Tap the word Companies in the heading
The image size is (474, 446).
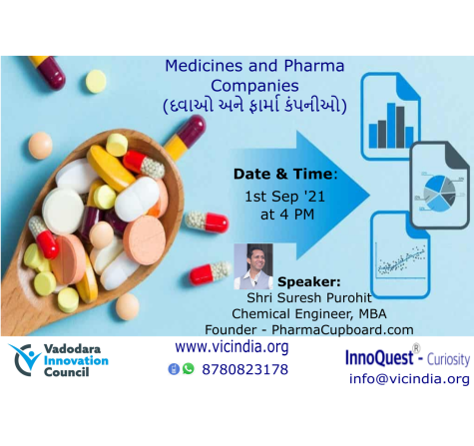point(254,86)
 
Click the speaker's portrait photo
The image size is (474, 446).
point(253,266)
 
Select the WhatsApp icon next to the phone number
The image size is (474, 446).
point(189,369)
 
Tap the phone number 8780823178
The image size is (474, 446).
point(244,369)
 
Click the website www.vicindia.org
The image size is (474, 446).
point(232,347)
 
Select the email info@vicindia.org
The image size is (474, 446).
point(409,379)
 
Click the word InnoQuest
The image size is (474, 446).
point(379,358)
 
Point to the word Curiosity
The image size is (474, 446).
point(448,359)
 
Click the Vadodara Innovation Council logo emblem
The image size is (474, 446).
point(25,360)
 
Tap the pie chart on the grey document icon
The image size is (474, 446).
point(440,194)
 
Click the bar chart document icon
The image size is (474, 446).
point(390,116)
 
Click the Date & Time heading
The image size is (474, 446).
point(285,174)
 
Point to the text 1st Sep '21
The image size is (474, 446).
point(284,197)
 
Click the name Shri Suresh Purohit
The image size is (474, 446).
point(309,297)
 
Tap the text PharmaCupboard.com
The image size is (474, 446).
point(342,330)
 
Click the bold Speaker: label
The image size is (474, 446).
point(309,282)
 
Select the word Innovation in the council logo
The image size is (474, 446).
point(76,360)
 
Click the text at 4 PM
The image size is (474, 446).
point(287,215)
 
